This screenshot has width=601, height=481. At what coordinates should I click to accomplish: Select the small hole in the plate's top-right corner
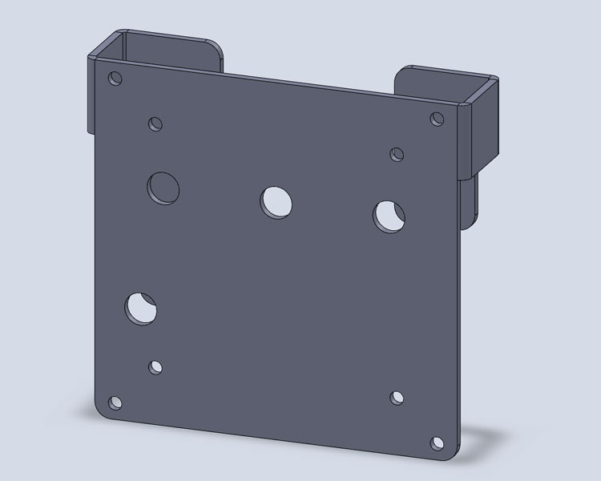click(x=437, y=119)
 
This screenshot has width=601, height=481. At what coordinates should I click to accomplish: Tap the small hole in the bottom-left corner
click(x=115, y=402)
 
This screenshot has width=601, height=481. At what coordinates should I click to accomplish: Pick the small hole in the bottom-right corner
click(x=437, y=443)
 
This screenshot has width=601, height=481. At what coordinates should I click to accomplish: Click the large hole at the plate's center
click(x=276, y=200)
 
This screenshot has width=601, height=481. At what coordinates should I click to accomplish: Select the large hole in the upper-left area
click(x=163, y=187)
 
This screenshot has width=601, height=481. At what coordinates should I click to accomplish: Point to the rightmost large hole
click(x=389, y=215)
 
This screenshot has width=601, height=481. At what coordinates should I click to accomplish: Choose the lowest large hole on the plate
click(x=141, y=308)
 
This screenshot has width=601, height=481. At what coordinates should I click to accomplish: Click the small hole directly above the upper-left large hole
click(x=155, y=123)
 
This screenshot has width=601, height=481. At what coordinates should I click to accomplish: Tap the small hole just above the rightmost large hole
click(x=397, y=154)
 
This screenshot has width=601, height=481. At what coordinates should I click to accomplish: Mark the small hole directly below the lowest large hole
click(x=155, y=367)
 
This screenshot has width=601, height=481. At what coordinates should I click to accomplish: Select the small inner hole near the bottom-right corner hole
click(x=397, y=398)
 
